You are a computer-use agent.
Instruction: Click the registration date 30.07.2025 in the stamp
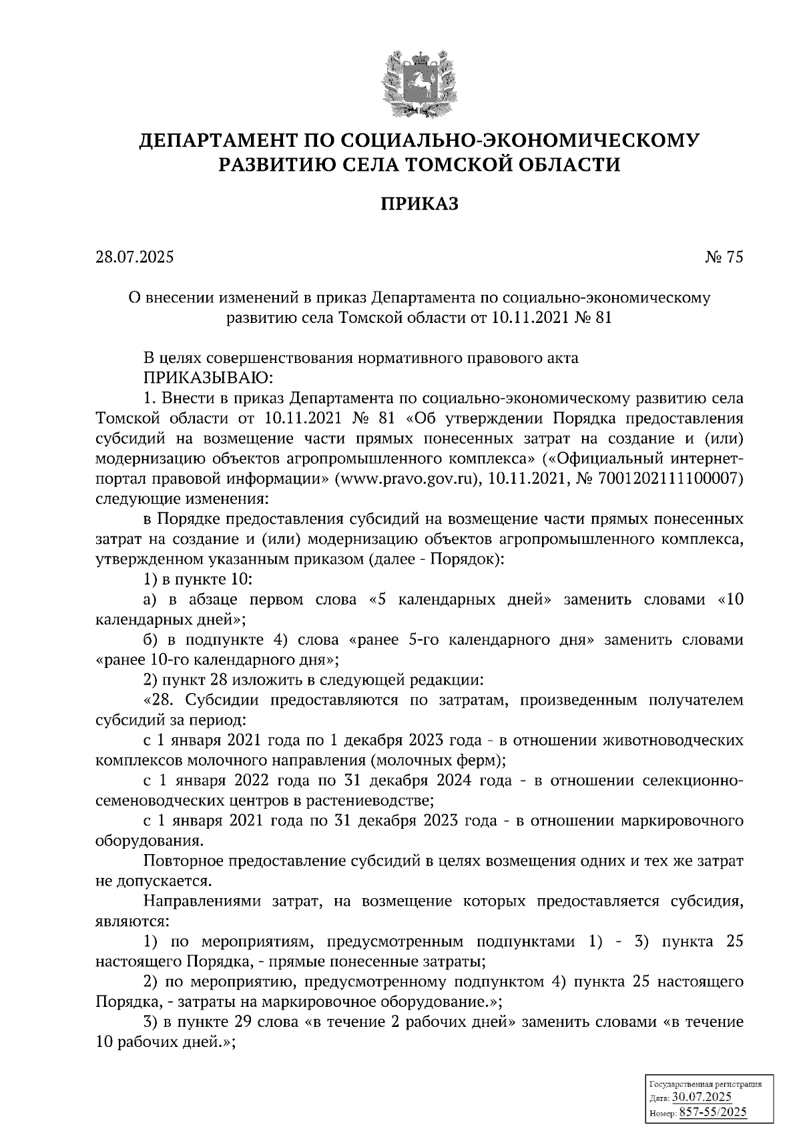tap(702, 1098)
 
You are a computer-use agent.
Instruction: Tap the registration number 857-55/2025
tap(712, 1112)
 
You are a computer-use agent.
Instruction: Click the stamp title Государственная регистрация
tap(706, 1085)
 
